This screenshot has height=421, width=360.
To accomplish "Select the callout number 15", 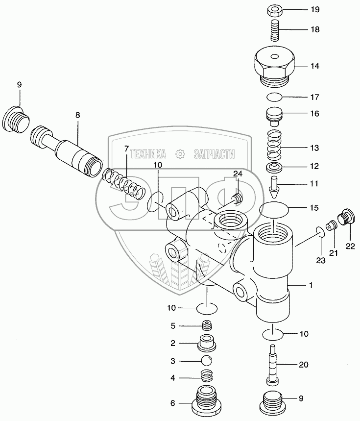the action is (314, 208).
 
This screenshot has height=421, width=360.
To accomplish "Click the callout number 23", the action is (320, 261).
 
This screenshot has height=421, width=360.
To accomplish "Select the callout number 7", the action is (126, 149).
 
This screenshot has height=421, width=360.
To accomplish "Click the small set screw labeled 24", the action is (237, 198).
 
